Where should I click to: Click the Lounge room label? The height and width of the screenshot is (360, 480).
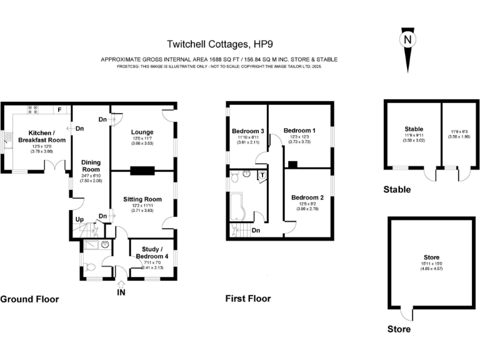pyautogui.click(x=142, y=132)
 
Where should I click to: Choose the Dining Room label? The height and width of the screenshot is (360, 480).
pyautogui.click(x=91, y=166)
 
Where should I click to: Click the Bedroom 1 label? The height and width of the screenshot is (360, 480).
pyautogui.click(x=299, y=130)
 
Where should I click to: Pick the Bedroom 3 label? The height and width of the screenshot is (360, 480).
pyautogui.click(x=247, y=131)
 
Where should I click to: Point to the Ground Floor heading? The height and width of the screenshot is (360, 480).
pyautogui.click(x=29, y=299)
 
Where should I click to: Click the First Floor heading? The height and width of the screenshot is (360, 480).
pyautogui.click(x=247, y=299)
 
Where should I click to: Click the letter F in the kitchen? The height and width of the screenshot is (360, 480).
pyautogui.click(x=59, y=110)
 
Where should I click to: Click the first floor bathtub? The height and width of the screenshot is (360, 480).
pyautogui.click(x=240, y=208)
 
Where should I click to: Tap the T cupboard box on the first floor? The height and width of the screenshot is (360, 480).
pyautogui.click(x=262, y=175)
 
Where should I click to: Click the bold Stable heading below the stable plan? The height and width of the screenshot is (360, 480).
pyautogui.click(x=397, y=189)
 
